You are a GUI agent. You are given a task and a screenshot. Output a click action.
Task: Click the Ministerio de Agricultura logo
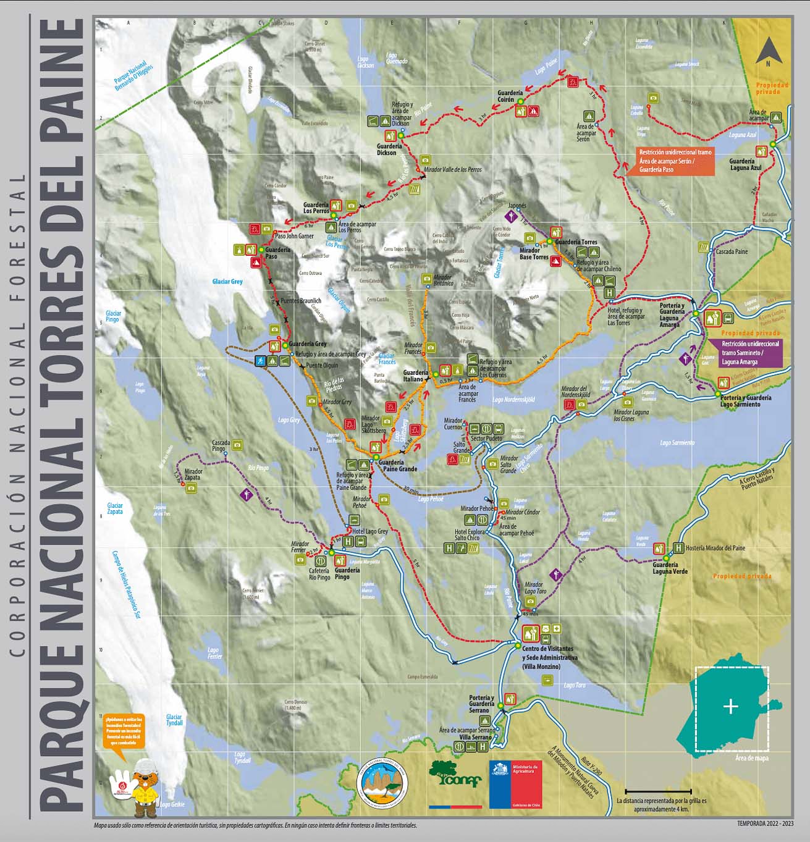(515, 784)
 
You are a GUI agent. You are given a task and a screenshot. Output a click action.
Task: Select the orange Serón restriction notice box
(670, 161)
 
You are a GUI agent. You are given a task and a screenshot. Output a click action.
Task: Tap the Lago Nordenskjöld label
(513, 400)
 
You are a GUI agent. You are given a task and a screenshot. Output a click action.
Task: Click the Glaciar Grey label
(227, 281)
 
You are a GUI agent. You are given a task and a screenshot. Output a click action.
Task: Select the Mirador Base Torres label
(534, 253)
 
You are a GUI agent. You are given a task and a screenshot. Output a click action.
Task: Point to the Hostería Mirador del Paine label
(715, 548)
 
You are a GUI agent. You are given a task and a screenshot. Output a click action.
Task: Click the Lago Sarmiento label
(677, 442)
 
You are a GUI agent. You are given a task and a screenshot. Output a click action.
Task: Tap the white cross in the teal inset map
(731, 706)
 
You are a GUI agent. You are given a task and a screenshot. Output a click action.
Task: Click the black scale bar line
(658, 791)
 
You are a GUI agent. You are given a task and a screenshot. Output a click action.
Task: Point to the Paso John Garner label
(294, 236)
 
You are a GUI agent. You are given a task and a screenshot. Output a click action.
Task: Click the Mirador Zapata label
(193, 474)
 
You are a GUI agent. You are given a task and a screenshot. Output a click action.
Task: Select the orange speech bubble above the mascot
(124, 731)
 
